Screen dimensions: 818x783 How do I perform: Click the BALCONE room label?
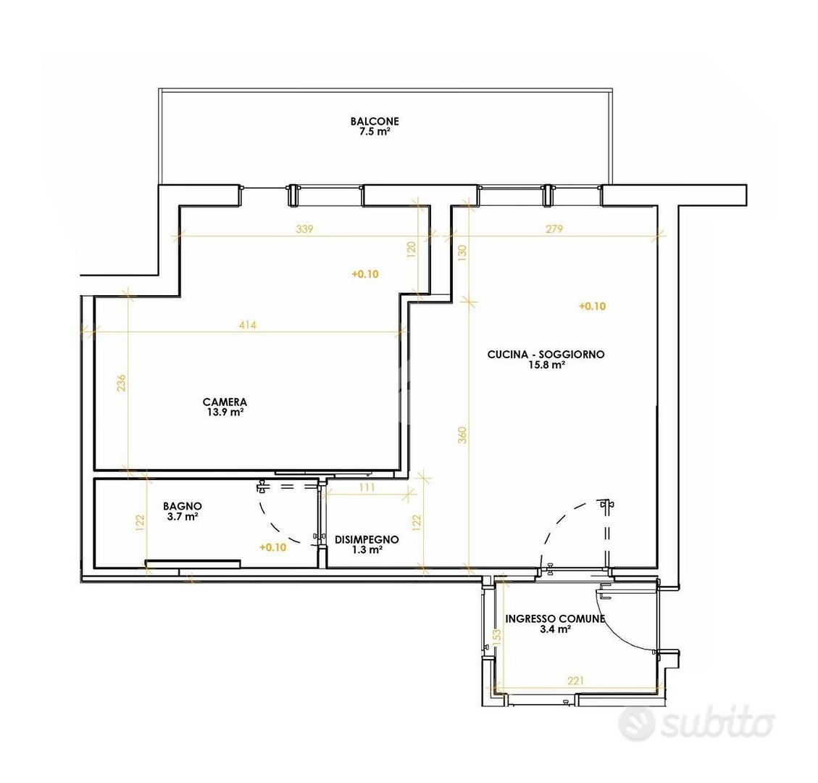pos(375,121)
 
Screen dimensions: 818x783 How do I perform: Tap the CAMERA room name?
pos(225,402)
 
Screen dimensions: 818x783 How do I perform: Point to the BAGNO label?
pos(183,506)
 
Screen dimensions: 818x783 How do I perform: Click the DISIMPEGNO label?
pos(367,539)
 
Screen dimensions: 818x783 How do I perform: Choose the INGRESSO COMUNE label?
pos(555,618)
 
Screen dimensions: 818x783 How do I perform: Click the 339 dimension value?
pos(304,228)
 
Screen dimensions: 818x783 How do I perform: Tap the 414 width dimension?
pos(248,325)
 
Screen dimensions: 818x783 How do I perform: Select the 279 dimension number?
pos(554,228)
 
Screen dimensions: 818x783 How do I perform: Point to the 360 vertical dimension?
pos(462,435)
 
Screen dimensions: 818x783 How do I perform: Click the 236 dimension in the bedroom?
pos(121,383)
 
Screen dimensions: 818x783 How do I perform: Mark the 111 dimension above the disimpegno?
pos(367,487)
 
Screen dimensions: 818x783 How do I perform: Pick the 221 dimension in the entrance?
pos(575,680)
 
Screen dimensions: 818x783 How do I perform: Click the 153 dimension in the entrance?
pos(496,635)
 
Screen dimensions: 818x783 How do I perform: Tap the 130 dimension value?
pos(462,252)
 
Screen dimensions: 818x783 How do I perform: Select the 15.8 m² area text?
pos(546,365)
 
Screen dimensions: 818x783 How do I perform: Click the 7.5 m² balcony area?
pos(375,131)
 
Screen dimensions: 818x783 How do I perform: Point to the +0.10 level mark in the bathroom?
pos(273,547)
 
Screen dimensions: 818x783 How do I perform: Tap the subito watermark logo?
pos(696,723)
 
